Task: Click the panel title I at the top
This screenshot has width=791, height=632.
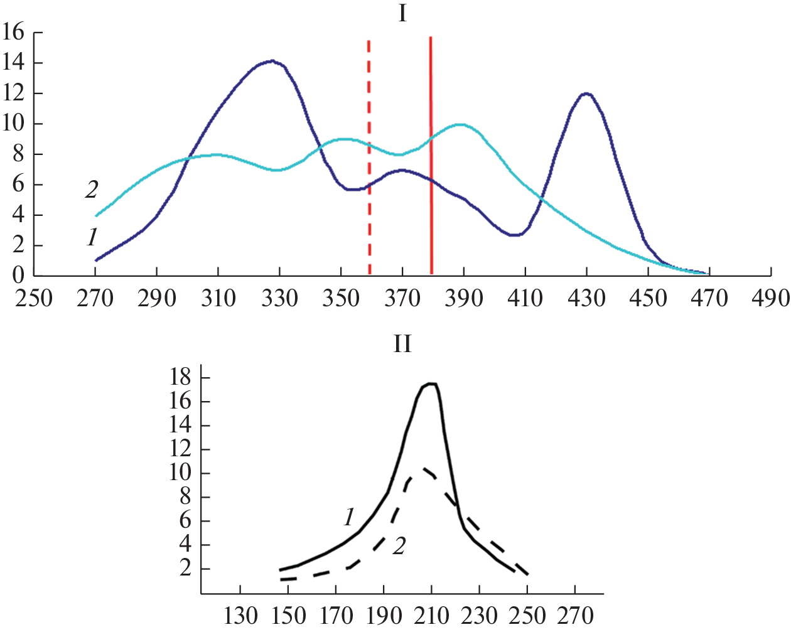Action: pyautogui.click(x=402, y=13)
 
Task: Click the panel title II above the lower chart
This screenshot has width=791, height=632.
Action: pyautogui.click(x=402, y=344)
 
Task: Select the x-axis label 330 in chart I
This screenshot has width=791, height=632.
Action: pyautogui.click(x=280, y=297)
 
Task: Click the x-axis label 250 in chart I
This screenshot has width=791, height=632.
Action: pyautogui.click(x=34, y=297)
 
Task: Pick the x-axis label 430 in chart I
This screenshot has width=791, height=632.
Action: pyautogui.click(x=587, y=297)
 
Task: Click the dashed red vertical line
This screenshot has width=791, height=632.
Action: pyautogui.click(x=369, y=157)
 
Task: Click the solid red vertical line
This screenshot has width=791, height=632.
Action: pyautogui.click(x=431, y=157)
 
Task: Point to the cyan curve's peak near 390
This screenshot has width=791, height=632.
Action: pyautogui.click(x=461, y=124)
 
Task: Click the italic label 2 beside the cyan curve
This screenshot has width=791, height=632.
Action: pyautogui.click(x=92, y=189)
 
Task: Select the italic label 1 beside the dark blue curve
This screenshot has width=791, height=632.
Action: pyautogui.click(x=92, y=237)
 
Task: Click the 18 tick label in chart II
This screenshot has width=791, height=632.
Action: pyautogui.click(x=180, y=377)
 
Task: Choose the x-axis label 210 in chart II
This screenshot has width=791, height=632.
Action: pyautogui.click(x=431, y=616)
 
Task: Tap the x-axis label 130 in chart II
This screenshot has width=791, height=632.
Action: pyautogui.click(x=241, y=616)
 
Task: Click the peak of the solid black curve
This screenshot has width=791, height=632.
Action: pyautogui.click(x=431, y=383)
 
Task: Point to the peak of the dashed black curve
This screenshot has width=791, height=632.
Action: pyautogui.click(x=425, y=468)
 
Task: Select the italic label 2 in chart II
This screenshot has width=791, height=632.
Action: pyautogui.click(x=399, y=547)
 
